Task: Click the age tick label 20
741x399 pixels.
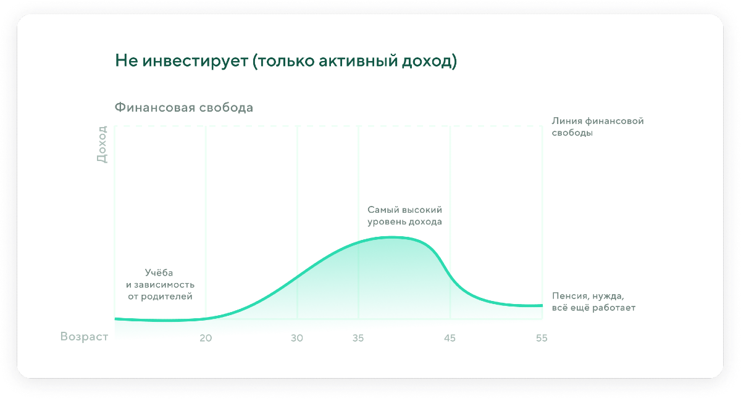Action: tap(206, 338)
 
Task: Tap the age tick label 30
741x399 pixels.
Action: tap(297, 338)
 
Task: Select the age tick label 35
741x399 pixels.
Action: tap(358, 338)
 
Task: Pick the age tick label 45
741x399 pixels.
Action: tap(450, 338)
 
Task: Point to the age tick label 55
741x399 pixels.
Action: tap(542, 338)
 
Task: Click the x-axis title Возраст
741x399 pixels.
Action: tap(84, 337)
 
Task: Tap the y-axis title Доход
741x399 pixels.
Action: tap(102, 144)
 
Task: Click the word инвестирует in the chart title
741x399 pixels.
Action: tap(195, 61)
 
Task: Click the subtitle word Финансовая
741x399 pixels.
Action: tap(155, 107)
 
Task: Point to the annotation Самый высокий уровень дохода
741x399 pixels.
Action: tap(404, 215)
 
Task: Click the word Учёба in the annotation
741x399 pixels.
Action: tap(159, 273)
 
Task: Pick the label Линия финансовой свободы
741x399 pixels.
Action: tap(598, 127)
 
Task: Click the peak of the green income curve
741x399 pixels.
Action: tap(392, 237)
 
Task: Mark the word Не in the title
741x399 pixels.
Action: tap(127, 61)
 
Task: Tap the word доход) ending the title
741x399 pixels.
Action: tap(429, 62)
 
